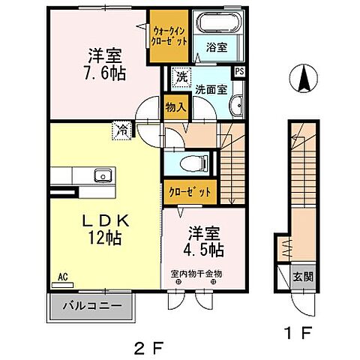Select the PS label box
tap(239, 72)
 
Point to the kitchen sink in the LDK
tap(103, 176)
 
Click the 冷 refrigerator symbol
tap(121, 129)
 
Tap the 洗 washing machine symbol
tap(181, 76)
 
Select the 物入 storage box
tap(174, 107)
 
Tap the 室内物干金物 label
tap(196, 274)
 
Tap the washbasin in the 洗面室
tap(236, 106)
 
